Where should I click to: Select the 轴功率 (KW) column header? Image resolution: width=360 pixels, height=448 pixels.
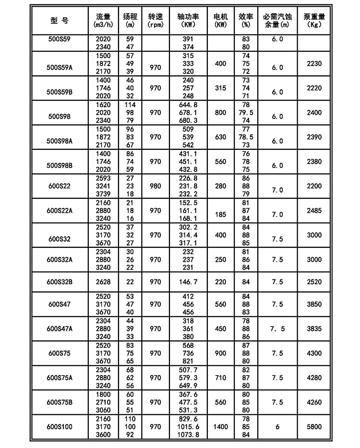[188, 20]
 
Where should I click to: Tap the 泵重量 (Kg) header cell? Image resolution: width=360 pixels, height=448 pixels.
[314, 20]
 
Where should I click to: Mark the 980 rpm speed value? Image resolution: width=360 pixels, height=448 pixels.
[155, 186]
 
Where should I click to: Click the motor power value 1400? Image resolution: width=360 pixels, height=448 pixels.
[221, 426]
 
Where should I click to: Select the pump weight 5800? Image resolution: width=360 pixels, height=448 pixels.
[315, 426]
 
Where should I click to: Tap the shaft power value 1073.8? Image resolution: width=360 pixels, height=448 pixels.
[188, 434]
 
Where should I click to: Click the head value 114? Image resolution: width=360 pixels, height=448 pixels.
[129, 105]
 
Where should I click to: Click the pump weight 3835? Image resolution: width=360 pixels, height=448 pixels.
[315, 329]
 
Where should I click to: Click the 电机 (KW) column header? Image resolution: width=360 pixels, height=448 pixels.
[221, 20]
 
